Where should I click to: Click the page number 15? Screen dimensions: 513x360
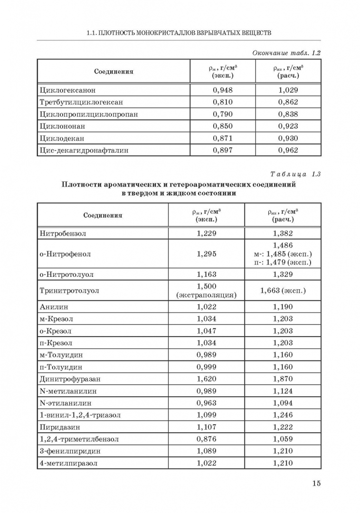coord(316,483)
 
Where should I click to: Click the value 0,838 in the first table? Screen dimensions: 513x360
coord(288,114)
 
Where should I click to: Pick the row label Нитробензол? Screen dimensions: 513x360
coord(63,233)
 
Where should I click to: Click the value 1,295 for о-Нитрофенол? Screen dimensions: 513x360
coord(206,254)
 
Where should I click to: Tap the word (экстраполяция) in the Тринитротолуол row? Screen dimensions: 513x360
coord(206,295)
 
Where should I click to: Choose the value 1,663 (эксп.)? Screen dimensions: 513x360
coord(283,290)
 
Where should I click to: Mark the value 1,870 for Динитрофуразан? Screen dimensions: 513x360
coord(283,379)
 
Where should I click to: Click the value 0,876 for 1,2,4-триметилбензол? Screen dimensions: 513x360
coord(206,439)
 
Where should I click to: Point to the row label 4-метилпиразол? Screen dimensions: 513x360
coord(69,463)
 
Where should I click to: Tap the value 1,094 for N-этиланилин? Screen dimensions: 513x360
coord(283,403)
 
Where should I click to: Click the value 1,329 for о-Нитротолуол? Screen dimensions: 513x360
coord(283,274)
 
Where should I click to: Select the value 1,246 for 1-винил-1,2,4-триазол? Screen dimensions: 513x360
coord(283,415)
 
